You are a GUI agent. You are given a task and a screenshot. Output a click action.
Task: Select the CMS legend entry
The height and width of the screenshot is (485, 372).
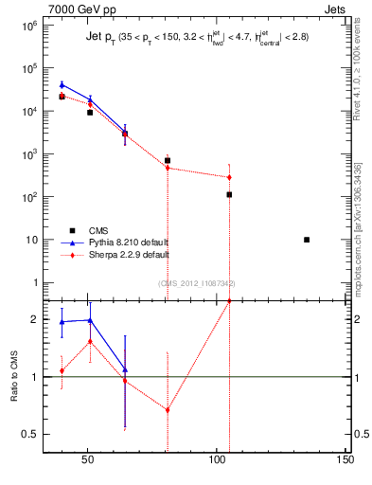pos(99,229)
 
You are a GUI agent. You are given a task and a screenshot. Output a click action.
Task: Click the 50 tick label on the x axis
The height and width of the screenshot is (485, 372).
pos(87,460)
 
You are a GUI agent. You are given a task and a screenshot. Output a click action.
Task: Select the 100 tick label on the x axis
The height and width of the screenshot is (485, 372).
pos(216,460)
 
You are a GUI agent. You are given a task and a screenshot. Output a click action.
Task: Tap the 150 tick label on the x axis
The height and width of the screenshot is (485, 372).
pos(345,460)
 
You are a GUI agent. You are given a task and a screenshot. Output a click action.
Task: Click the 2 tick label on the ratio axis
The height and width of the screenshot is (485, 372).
pos(33,319)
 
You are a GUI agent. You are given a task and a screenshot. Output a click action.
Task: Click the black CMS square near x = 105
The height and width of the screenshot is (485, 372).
pos(229,194)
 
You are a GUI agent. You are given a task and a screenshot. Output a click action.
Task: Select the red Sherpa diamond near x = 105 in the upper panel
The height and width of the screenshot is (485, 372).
pos(229,177)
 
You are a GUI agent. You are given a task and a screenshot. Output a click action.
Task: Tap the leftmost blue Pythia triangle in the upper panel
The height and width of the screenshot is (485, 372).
pos(62,85)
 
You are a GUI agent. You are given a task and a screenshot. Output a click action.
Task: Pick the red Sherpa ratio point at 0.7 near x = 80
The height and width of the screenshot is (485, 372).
pos(168,410)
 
